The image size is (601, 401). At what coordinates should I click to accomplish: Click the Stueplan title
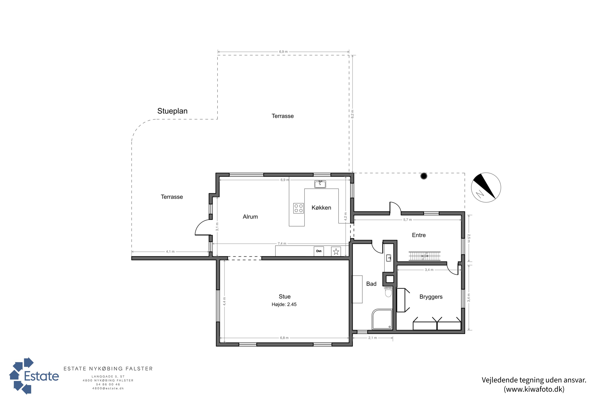point(172,111)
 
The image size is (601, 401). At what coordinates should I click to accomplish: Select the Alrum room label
point(250,217)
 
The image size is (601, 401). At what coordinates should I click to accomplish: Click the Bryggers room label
point(431,297)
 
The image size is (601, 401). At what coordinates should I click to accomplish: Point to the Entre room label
point(419,235)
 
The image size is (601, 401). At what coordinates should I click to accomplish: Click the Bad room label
point(371,284)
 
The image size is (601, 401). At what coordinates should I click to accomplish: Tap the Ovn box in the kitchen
point(319,251)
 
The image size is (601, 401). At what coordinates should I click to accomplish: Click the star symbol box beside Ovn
point(336,251)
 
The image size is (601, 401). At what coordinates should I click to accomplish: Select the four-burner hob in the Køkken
point(298,208)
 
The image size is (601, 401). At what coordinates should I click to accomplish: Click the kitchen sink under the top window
point(320,184)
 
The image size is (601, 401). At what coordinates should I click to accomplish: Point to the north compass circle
point(486,187)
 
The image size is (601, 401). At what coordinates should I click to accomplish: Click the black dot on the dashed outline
point(424,176)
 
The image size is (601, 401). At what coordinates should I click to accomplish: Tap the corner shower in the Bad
point(382,319)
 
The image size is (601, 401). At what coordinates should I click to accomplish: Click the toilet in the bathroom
point(388,291)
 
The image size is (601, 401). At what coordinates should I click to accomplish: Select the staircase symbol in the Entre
point(425,256)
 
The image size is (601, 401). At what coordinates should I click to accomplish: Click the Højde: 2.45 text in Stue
point(284,304)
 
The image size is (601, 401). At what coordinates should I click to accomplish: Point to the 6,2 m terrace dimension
point(352,114)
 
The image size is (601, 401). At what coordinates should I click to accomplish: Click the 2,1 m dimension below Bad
point(373,338)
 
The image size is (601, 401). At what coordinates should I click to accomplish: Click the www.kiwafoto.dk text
point(534,389)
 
